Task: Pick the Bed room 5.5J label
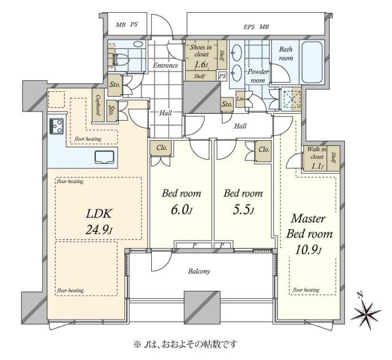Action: tap(243, 201)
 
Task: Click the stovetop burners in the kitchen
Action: tap(58, 126)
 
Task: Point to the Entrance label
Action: tap(165, 66)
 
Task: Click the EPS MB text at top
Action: tap(256, 26)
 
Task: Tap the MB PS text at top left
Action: tap(127, 25)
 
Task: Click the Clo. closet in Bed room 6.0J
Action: tap(162, 148)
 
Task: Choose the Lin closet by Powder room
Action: tap(240, 99)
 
